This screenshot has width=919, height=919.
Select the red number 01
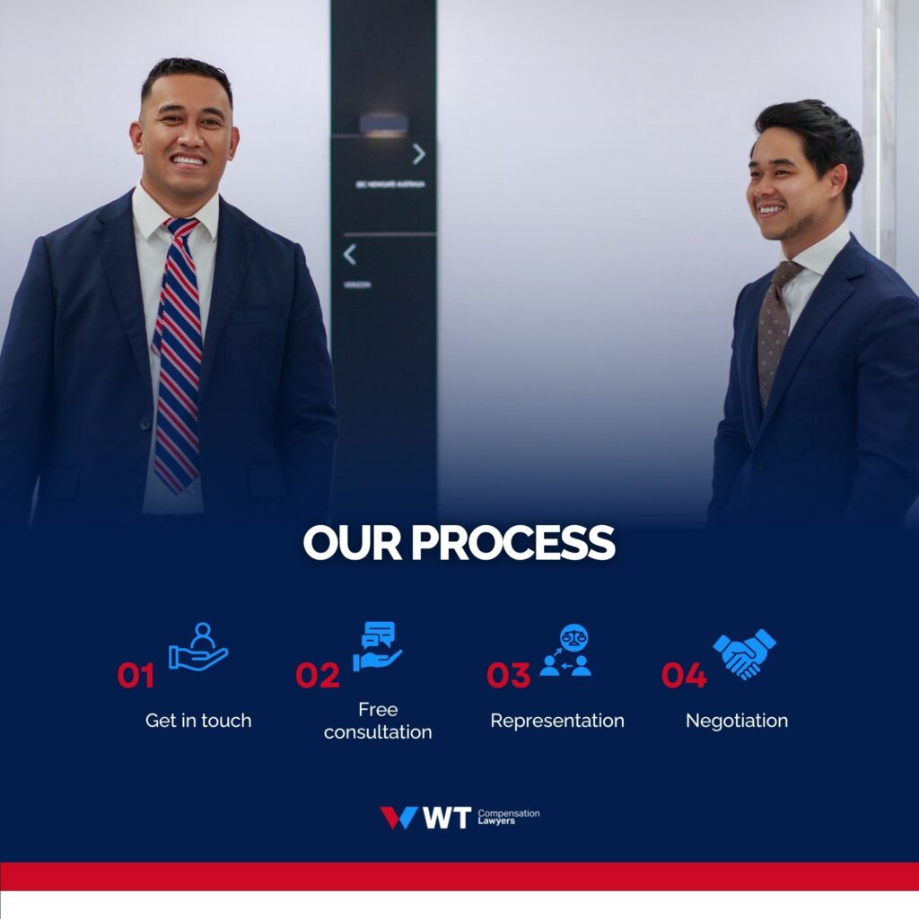click(136, 676)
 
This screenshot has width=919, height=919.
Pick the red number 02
click(318, 676)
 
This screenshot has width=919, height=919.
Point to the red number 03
click(508, 676)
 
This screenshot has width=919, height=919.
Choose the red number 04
click(684, 676)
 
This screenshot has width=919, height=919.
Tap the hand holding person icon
click(198, 647)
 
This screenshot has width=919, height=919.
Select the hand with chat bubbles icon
click(377, 646)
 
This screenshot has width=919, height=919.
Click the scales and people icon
click(565, 651)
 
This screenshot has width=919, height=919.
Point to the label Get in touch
click(198, 721)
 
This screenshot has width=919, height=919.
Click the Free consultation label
click(378, 722)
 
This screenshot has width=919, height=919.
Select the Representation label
click(556, 721)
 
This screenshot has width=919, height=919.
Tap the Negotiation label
click(737, 721)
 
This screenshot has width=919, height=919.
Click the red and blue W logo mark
click(398, 818)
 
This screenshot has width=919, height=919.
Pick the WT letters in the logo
click(446, 818)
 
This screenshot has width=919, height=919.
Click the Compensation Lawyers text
click(508, 817)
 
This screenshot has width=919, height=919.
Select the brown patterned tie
click(773, 332)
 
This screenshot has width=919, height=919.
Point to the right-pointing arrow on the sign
click(418, 154)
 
